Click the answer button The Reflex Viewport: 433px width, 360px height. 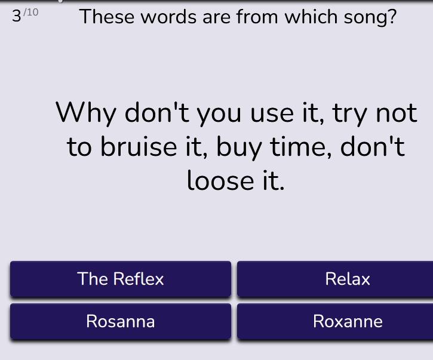[121, 279]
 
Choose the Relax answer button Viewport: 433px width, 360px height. [335, 279]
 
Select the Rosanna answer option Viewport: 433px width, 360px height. [121, 321]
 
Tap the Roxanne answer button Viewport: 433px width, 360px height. [335, 321]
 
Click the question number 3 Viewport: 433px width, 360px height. [17, 16]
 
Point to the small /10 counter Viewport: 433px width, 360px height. [31, 12]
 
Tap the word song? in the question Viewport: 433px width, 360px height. [370, 18]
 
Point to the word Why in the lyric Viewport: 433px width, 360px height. [86, 113]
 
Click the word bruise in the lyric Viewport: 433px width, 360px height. [139, 146]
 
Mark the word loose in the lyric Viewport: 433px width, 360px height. [220, 180]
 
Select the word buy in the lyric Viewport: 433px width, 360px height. [239, 148]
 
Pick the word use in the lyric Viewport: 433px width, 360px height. [272, 114]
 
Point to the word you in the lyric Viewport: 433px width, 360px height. [219, 115]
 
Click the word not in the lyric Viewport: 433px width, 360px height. [397, 113]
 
